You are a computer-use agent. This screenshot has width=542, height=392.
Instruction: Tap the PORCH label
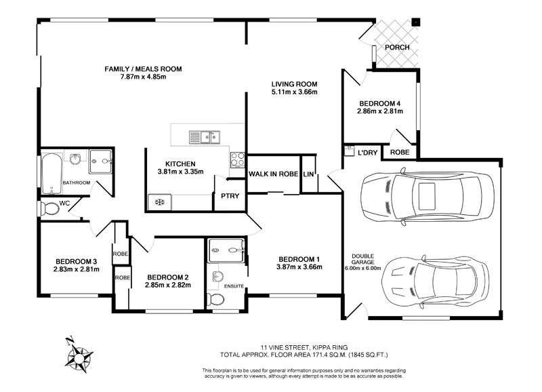coord(396,47)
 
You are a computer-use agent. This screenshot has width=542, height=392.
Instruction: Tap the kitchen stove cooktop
coord(238,159)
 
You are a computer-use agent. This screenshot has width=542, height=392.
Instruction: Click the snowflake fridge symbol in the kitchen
coord(159,201)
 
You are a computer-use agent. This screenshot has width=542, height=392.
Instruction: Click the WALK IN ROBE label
coord(273,174)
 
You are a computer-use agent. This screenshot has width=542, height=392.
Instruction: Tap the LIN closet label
coord(309,174)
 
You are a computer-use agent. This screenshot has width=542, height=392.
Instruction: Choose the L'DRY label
coord(367,153)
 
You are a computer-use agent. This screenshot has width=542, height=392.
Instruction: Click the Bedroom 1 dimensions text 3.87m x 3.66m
coord(299,267)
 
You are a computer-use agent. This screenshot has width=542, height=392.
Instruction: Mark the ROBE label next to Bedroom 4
coord(399,153)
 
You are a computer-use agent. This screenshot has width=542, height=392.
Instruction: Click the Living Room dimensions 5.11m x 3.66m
coord(295,92)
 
